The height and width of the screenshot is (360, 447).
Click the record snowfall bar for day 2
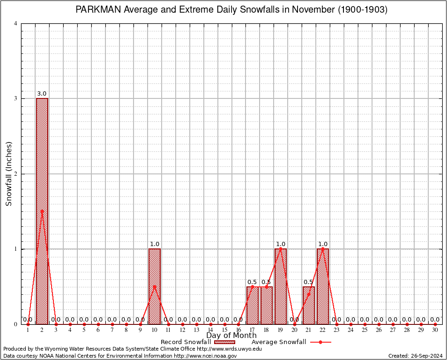[x=42, y=211]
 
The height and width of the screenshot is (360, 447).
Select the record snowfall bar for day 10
[x=155, y=286]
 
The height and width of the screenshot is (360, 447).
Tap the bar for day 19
[x=281, y=286]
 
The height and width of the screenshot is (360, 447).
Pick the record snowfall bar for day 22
[x=323, y=286]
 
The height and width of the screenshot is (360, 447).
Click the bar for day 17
[x=253, y=305]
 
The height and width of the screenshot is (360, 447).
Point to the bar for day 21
[x=309, y=305]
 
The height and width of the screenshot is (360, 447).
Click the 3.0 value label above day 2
[x=42, y=94]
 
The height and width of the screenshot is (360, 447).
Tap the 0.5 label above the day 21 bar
[x=308, y=282]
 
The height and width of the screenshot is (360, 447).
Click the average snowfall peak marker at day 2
[x=42, y=211]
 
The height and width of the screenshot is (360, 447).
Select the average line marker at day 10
[x=155, y=286]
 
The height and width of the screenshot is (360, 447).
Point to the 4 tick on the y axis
[x=16, y=23]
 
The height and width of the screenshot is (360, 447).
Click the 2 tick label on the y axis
[x=16, y=174]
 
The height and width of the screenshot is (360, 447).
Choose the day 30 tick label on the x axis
[x=435, y=330]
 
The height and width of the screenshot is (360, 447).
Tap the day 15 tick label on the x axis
[x=224, y=330]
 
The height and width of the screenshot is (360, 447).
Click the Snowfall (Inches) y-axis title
[x=8, y=173]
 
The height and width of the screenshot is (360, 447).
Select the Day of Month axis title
[x=231, y=336]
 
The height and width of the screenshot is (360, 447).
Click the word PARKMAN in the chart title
[x=98, y=10]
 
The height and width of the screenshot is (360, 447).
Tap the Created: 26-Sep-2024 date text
[x=416, y=356]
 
